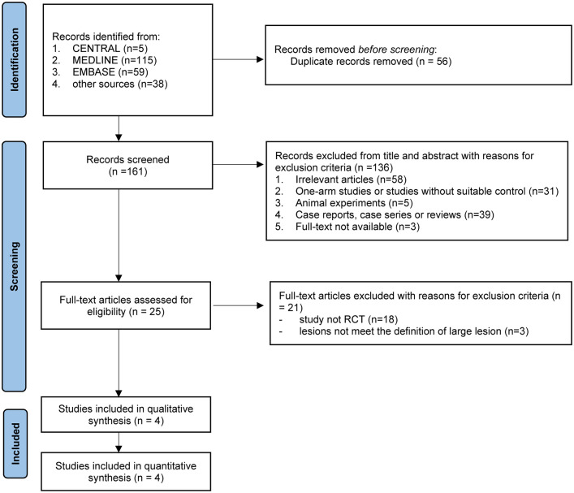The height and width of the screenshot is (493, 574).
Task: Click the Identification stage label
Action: click(15, 60)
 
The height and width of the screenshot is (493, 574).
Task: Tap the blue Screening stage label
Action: click(15, 266)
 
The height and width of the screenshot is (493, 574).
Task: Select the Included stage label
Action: click(15, 443)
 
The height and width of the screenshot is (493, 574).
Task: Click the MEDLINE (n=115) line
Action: click(114, 60)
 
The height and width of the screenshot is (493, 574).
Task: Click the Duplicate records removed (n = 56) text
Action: click(371, 61)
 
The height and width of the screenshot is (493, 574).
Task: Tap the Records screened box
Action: click(127, 165)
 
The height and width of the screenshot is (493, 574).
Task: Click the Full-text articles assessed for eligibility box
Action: click(126, 305)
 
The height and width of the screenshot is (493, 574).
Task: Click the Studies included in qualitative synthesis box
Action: click(126, 414)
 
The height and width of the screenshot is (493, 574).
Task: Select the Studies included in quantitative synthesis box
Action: click(126, 472)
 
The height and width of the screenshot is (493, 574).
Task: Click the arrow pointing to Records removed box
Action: click(239, 59)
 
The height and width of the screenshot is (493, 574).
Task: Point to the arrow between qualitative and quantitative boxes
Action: click(119, 443)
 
